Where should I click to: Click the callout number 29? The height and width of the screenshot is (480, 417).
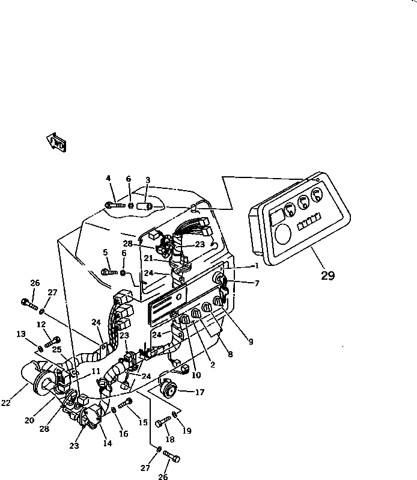(x=327, y=276)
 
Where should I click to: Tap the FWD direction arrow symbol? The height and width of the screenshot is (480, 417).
(x=56, y=142)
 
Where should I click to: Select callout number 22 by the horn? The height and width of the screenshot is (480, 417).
(x=6, y=403)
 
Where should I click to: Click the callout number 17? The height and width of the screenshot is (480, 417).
(x=199, y=393)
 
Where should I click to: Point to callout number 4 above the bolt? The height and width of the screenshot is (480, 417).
(x=108, y=178)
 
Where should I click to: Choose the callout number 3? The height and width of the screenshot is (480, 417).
(x=147, y=180)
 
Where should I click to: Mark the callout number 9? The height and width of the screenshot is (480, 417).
(x=251, y=342)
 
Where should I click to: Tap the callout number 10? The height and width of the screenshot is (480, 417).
(x=196, y=376)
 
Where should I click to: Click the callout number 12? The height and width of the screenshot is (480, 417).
(x=41, y=325)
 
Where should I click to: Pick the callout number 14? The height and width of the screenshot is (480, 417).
(x=108, y=444)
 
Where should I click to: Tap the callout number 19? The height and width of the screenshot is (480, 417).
(x=187, y=431)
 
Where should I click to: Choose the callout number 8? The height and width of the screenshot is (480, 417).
(x=231, y=355)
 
